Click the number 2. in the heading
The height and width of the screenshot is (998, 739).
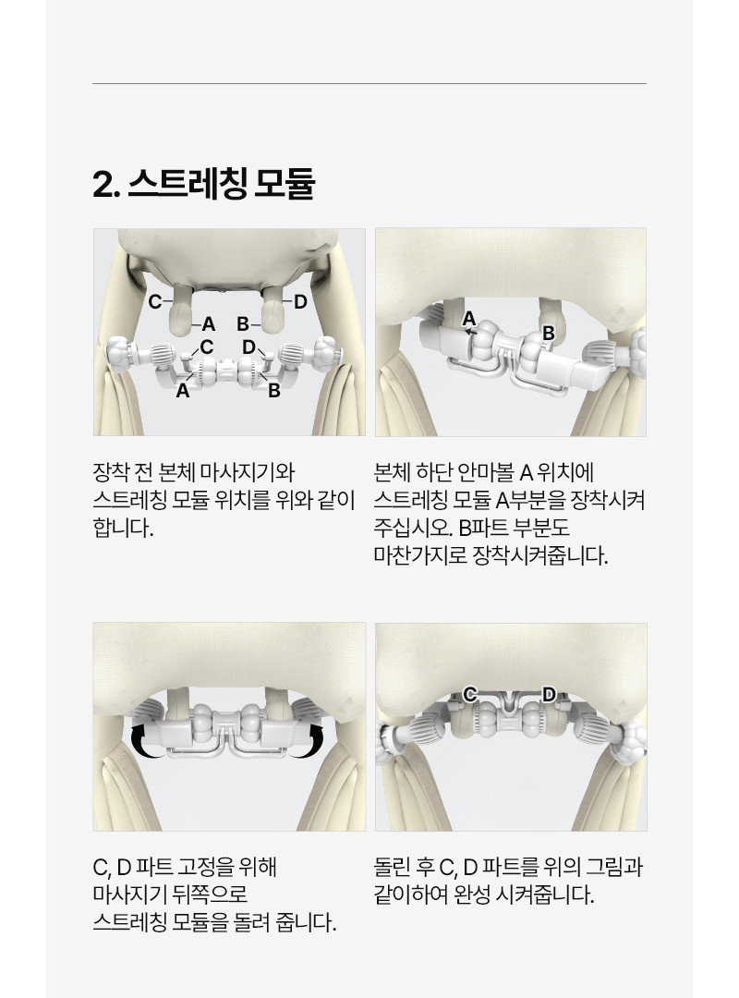pos(106,185)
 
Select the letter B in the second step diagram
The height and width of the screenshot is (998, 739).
pos(548,333)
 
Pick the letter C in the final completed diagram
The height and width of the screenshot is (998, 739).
pos(470,694)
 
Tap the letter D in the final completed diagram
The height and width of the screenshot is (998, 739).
pos(549,694)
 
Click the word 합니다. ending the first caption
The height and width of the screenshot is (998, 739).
pos(124,528)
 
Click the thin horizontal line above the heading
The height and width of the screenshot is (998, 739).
pos(369,83)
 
